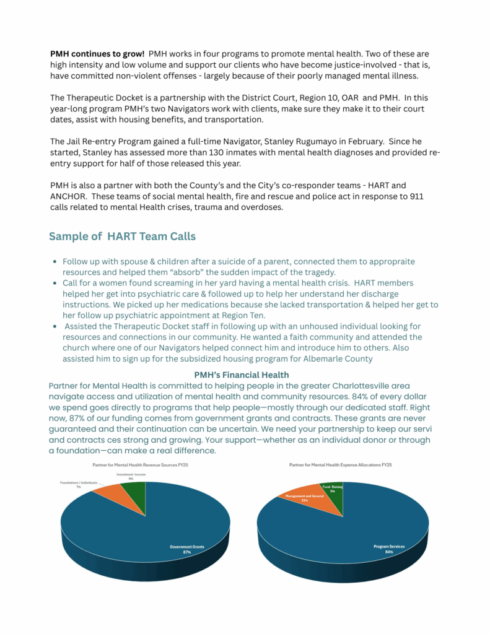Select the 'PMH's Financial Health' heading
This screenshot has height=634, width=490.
[241, 375]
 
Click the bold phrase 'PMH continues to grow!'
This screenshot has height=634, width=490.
[97, 54]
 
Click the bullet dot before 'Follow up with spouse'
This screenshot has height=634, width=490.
[56, 262]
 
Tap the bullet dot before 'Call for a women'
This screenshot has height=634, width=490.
[56, 284]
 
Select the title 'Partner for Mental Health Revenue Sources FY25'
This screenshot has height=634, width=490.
[144, 465]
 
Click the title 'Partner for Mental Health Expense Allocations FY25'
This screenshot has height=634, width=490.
[340, 465]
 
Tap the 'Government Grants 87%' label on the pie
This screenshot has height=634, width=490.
[186, 549]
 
